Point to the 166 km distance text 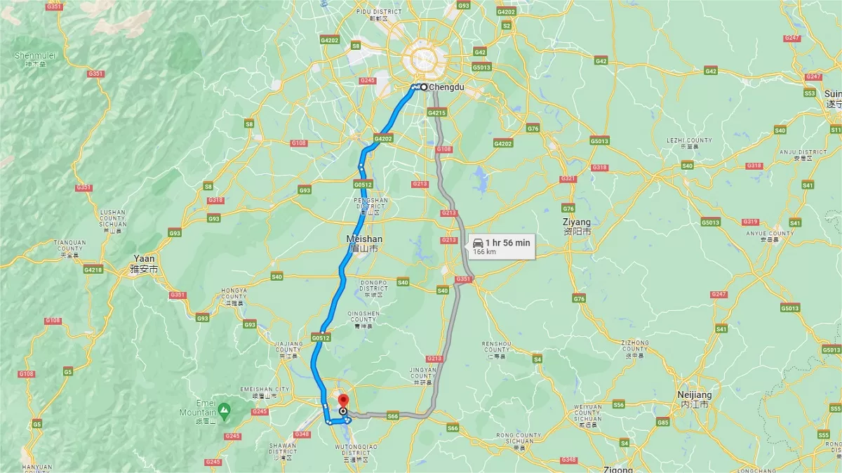pos(484,251)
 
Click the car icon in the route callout pos(478,243)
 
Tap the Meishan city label pos(365,239)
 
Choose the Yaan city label pos(145,258)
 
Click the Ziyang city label pos(576,222)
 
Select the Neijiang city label pos(694,395)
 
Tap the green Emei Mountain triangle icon pos(223,408)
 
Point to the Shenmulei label pos(36,56)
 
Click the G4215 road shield pos(436,112)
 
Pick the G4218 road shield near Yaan pos(93,269)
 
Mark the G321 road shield pos(568,179)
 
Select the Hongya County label pos(234,293)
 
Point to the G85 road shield pos(662,422)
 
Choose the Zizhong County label pos(634,346)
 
